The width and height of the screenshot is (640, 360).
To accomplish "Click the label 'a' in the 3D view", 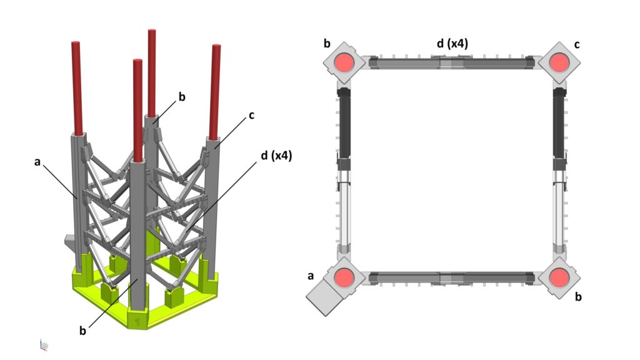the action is coord(37,162).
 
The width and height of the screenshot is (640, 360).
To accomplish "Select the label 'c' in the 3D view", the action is coord(251,116).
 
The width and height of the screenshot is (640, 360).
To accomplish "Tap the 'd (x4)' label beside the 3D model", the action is coord(276,156).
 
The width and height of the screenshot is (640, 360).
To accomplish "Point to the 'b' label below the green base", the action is coord(82,330).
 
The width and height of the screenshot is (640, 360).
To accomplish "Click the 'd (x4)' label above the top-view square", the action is coord(452,43).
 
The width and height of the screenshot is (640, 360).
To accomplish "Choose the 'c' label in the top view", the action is coord(577,44).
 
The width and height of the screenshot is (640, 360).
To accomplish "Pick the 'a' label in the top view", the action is coord(311,276).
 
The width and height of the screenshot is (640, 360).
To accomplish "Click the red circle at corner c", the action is coord(559,62).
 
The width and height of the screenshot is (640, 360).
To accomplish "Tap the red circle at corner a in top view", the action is coord(344,277).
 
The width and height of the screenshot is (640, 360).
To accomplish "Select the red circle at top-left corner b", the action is coord(344,62).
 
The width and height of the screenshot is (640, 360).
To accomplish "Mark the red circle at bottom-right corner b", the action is coord(559,277).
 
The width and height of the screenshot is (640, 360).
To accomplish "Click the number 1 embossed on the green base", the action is coord(137,321).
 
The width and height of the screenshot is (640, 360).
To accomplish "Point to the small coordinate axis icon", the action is coord(44,345).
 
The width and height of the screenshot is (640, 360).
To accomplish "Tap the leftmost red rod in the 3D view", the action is coord(77,87).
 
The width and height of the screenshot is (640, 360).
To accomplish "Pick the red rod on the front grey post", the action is coord(137,111).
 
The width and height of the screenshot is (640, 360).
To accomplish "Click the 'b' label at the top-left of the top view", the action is coord(327,44).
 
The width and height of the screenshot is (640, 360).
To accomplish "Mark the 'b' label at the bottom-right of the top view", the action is coord(578,297).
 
